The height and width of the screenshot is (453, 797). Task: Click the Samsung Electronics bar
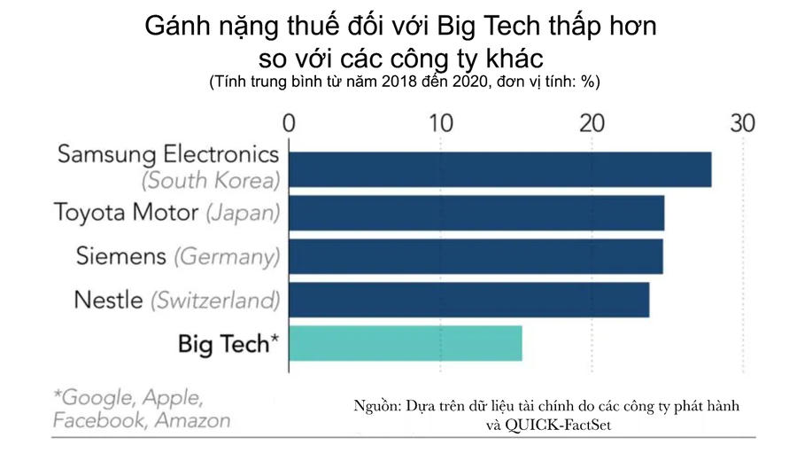click(500, 169)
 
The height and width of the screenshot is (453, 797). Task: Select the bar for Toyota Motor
click(476, 213)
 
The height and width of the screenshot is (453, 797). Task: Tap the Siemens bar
click(476, 256)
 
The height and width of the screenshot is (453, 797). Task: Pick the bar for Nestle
click(469, 300)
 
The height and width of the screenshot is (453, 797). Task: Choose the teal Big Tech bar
click(406, 343)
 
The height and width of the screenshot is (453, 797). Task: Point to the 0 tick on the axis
click(289, 122)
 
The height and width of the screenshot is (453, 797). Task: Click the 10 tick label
click(440, 122)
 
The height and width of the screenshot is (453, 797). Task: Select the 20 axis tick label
click(592, 122)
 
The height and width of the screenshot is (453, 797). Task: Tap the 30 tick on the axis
click(742, 122)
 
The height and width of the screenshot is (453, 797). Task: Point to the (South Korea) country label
click(211, 181)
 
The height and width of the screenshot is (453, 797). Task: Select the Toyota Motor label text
click(127, 213)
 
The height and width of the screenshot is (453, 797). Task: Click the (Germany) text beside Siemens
click(227, 256)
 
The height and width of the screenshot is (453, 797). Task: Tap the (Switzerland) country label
click(215, 300)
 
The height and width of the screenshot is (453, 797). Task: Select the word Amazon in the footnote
click(192, 419)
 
